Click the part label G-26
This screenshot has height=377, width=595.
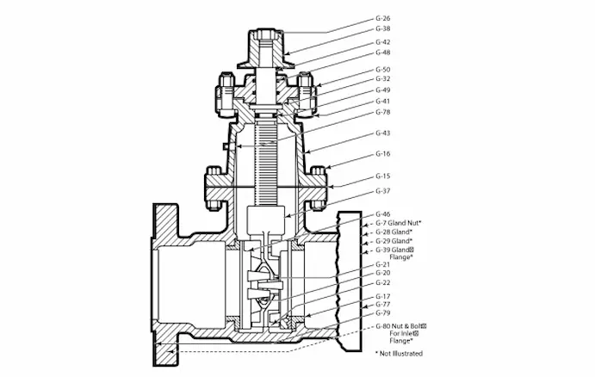tap(383, 17)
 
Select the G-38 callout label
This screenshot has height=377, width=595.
tap(383, 28)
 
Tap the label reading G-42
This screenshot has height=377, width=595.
tap(383, 41)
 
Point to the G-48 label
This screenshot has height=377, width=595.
tap(383, 52)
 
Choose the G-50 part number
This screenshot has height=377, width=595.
tap(383, 69)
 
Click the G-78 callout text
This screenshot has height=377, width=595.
tap(383, 111)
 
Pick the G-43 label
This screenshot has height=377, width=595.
tap(383, 133)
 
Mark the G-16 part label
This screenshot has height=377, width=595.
tap(383, 153)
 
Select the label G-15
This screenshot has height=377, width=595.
tap(383, 176)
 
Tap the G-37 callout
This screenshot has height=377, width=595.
tap(383, 191)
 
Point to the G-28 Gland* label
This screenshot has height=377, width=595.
tap(394, 232)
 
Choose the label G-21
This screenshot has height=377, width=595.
tap(383, 263)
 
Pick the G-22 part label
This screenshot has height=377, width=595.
tap(383, 282)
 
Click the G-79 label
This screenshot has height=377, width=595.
tap(383, 313)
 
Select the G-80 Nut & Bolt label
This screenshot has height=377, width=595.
tap(401, 327)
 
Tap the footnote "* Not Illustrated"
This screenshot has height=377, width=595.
tap(399, 353)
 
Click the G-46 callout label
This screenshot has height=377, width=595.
tap(383, 213)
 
